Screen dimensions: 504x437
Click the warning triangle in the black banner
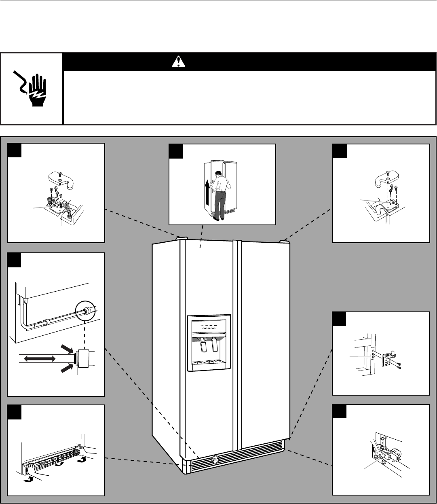tap(177, 61)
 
